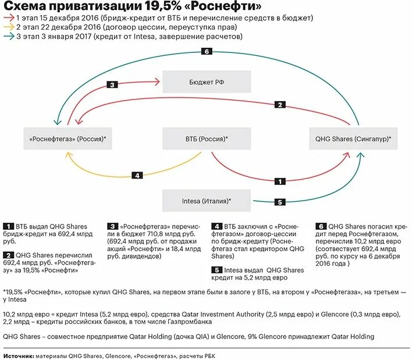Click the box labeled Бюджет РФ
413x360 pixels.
[206, 82]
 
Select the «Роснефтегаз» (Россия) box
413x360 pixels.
[68, 138]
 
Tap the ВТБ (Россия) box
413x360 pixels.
[206, 138]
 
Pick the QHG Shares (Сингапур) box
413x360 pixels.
[353, 138]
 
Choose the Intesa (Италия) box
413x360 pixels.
[206, 201]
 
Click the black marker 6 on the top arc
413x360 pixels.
[206, 52]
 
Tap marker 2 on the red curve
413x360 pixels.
[280, 105]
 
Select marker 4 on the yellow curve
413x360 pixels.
[137, 175]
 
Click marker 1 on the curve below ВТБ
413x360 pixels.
[280, 181]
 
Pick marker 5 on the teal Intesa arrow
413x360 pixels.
[280, 202]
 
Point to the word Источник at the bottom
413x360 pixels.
[18, 354]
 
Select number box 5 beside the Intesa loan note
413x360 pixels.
[216, 270]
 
